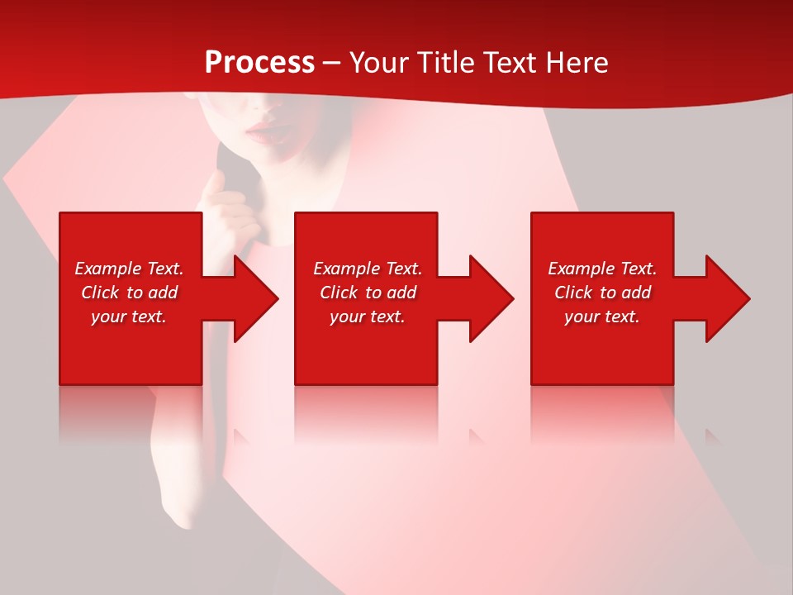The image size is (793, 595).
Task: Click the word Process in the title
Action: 259,63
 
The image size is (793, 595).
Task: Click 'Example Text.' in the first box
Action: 129,269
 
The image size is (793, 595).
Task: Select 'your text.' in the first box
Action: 129,317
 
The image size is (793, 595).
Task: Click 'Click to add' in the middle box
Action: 368,293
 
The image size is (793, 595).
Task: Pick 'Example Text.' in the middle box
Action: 368,269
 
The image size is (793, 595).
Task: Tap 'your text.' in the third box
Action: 602,317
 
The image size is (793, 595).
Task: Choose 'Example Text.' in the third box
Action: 602,269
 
